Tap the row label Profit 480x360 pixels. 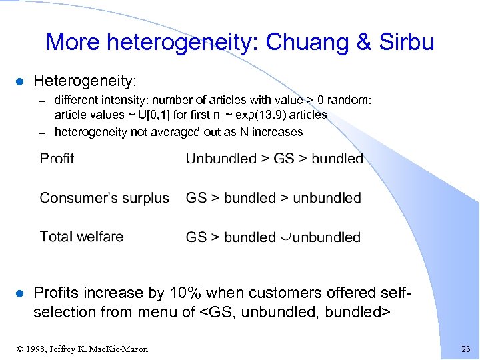(57, 159)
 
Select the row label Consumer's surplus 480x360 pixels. (104, 198)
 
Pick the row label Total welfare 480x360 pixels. (81, 237)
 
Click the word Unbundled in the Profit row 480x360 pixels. (221, 159)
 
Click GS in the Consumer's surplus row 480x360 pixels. (196, 198)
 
